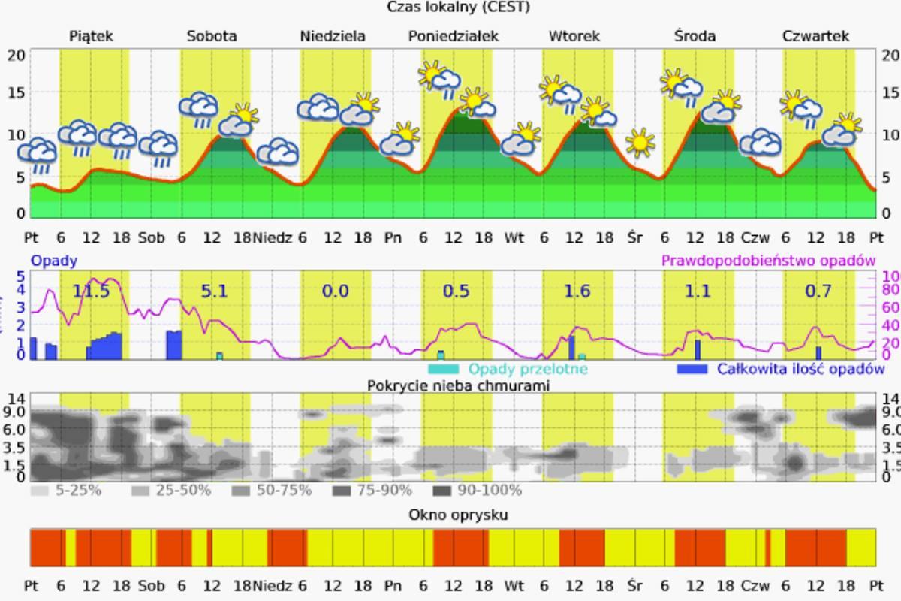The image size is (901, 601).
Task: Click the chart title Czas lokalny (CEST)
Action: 458,7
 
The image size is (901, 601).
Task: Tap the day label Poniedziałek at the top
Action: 454,36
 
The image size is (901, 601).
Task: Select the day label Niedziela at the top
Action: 333,36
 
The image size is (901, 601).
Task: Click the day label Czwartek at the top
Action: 815,36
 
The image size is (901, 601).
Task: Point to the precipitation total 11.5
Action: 91,291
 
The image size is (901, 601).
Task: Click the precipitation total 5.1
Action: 214,291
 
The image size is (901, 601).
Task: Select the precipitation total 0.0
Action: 335,291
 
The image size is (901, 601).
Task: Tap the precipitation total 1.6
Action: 577,291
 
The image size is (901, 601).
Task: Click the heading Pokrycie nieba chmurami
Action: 458,385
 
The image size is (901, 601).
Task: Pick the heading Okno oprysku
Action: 458,515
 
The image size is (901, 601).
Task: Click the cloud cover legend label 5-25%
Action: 74,491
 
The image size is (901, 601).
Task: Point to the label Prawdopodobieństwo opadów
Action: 768,261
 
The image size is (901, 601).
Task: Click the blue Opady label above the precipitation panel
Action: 53,261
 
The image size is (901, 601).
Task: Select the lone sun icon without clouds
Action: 640,142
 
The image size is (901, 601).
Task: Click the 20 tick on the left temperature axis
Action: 17,54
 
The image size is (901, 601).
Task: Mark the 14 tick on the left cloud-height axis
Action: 17,397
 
